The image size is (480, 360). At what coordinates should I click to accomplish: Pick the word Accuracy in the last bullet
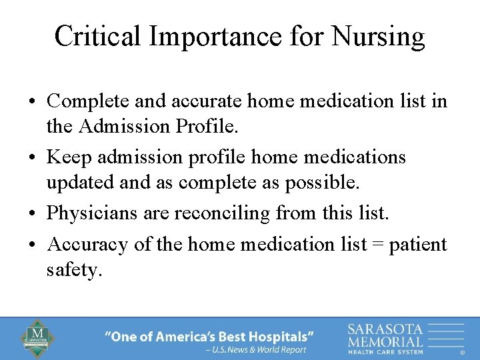88,244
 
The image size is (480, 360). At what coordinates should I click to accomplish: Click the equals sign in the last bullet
379,245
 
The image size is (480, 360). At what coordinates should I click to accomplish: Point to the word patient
418,245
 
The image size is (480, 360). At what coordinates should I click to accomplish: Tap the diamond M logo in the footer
39,338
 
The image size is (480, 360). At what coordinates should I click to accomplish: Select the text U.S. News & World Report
259,349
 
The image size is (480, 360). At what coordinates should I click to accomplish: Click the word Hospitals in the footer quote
278,335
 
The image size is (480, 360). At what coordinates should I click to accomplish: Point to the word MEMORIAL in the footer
385,341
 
